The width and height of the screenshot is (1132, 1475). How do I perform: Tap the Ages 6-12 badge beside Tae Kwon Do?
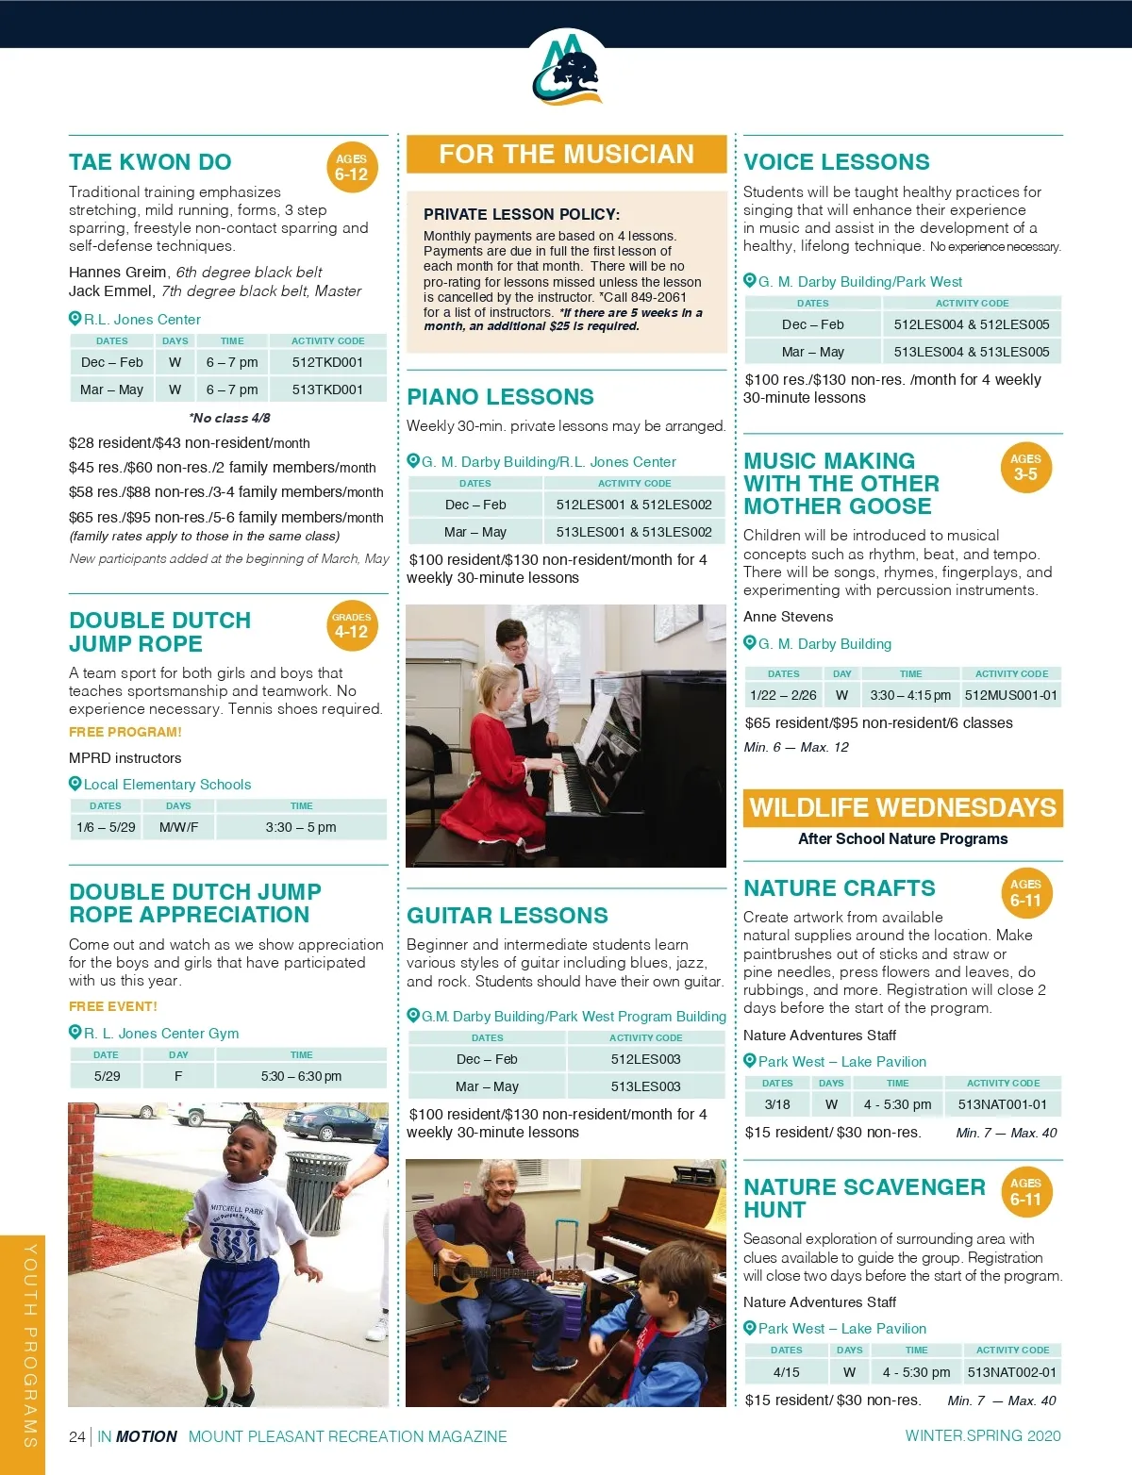351,167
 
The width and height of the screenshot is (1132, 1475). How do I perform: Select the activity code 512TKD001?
327,362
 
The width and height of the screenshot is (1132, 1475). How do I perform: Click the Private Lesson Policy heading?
522,214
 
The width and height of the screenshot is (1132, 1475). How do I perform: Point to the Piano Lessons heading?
500,397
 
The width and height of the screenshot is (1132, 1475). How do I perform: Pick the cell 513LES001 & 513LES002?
634,532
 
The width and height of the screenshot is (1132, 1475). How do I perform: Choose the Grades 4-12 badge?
351,625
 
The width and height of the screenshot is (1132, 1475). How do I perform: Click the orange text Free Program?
125,732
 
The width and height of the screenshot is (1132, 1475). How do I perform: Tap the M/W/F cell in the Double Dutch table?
178,827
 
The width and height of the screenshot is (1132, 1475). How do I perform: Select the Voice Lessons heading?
836,162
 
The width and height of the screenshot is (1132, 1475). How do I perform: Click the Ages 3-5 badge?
1025,468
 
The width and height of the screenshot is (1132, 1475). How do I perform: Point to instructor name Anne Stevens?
788,617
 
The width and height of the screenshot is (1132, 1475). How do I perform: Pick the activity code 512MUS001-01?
1011,695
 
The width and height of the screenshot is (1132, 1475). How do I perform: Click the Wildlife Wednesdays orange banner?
903,808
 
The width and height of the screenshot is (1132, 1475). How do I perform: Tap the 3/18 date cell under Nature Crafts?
777,1104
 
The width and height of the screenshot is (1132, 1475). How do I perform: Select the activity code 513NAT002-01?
1012,1372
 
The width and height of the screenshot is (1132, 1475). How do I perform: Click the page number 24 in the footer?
77,1436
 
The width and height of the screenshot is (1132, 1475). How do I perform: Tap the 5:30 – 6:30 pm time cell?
301,1076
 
